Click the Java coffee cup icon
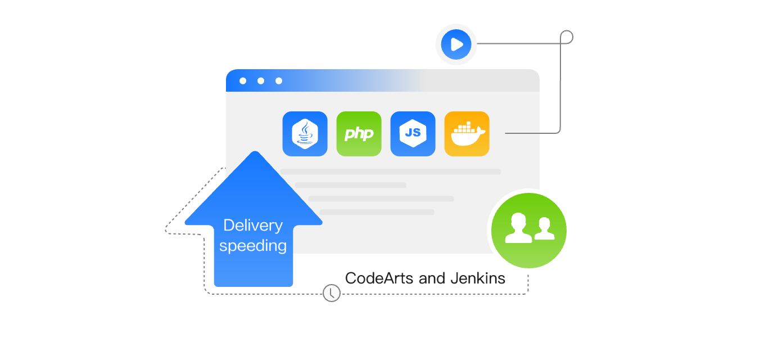(305, 134)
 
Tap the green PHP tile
(359, 134)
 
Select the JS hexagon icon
(413, 134)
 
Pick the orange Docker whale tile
(467, 134)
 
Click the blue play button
(456, 44)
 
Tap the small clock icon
(332, 292)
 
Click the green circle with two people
(528, 231)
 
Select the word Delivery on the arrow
(253, 226)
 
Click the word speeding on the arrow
(253, 246)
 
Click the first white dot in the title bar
(243, 81)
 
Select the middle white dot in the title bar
(261, 81)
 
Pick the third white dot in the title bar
(279, 81)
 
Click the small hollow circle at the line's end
(567, 37)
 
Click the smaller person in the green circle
(544, 229)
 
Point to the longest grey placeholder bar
(390, 172)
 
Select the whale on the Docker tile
(467, 136)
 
